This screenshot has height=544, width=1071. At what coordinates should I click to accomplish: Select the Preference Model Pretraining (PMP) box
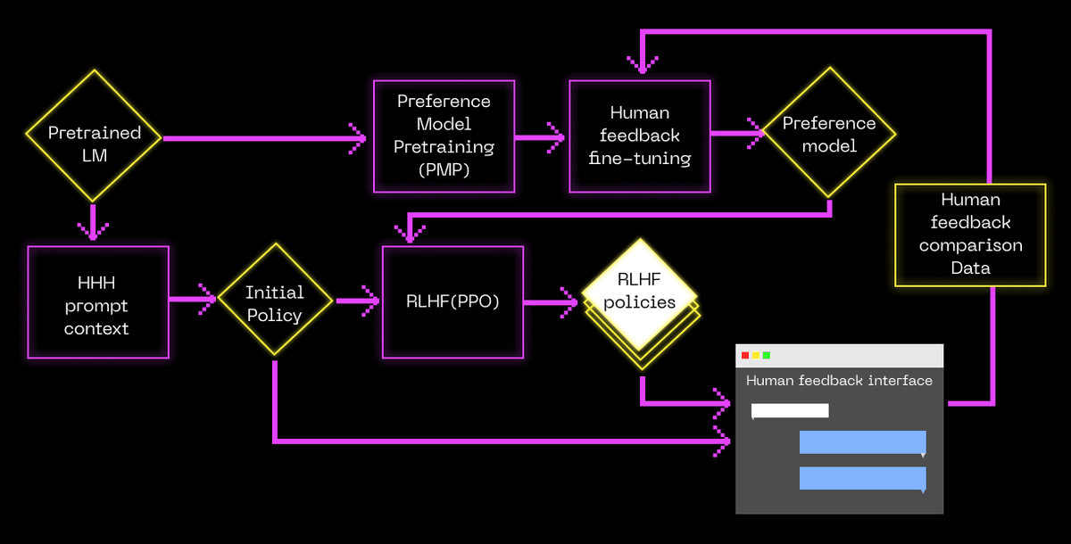pyautogui.click(x=444, y=136)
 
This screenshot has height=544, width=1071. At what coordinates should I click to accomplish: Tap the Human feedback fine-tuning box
pyautogui.click(x=640, y=136)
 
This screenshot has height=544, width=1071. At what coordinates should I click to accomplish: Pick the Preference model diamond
pyautogui.click(x=829, y=134)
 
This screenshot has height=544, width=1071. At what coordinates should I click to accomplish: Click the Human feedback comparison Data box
pyautogui.click(x=970, y=235)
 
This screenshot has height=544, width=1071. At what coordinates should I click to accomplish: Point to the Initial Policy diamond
pyautogui.click(x=275, y=303)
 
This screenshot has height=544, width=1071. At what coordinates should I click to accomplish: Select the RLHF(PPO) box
pyautogui.click(x=452, y=302)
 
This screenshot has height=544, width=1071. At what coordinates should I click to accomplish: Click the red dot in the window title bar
pyautogui.click(x=745, y=356)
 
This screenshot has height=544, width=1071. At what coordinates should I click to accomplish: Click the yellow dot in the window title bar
pyautogui.click(x=756, y=356)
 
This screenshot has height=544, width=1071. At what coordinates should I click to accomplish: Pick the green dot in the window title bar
pyautogui.click(x=767, y=356)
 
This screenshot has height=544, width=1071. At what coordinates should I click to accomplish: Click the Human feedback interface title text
pyautogui.click(x=839, y=381)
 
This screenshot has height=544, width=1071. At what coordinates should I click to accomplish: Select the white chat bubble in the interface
pyautogui.click(x=790, y=410)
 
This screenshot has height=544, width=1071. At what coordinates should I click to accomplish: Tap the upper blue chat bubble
pyautogui.click(x=862, y=443)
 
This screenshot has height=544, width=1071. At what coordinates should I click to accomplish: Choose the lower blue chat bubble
pyautogui.click(x=862, y=479)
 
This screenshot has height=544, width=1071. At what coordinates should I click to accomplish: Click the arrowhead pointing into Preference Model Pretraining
pyautogui.click(x=358, y=137)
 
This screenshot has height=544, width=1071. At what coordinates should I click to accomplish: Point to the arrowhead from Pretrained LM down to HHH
pyautogui.click(x=94, y=231)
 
